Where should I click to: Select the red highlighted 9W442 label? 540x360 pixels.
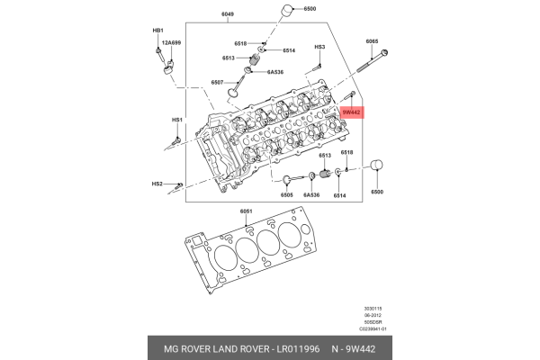click(x=351, y=112)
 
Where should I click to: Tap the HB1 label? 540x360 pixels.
click(x=157, y=31)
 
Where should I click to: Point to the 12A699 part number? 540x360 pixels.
click(x=171, y=43)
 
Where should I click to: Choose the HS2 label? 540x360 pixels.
click(x=157, y=184)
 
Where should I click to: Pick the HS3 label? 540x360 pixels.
click(x=319, y=47)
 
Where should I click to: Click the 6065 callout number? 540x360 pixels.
click(x=373, y=42)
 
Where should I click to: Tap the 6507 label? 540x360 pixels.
click(x=218, y=82)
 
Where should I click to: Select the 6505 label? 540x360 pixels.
click(x=287, y=195)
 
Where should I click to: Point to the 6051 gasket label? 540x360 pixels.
click(x=244, y=211)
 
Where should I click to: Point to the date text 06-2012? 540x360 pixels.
click(x=361, y=316)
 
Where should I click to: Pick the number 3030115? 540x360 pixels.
click(x=361, y=309)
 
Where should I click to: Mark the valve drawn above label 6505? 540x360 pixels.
click(x=293, y=181)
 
